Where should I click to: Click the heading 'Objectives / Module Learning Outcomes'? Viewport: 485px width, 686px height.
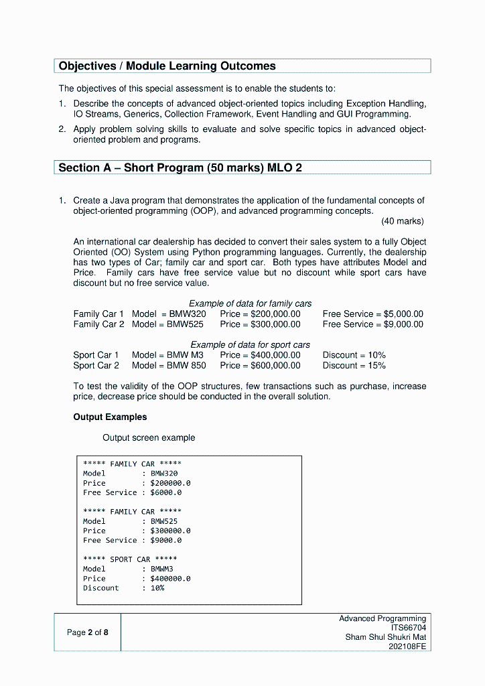[x=167, y=66]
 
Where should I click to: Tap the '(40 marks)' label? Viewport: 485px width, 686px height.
[x=402, y=221]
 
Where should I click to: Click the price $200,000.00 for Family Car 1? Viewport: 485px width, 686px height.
[x=260, y=314]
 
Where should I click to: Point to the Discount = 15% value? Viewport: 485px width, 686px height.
[x=354, y=366]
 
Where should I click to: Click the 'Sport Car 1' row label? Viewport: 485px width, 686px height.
[x=96, y=355]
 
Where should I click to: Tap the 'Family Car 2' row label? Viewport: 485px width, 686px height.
[x=98, y=324]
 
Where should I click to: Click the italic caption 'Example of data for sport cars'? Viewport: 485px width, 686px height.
[x=250, y=345]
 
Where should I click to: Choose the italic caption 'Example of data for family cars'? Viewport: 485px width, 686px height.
[x=250, y=303]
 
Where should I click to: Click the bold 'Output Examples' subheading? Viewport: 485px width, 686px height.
[x=110, y=417]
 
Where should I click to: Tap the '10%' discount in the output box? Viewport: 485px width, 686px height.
[x=157, y=588]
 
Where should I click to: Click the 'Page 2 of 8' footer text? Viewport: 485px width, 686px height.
[x=87, y=632]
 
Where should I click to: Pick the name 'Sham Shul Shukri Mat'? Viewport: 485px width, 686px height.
[x=385, y=637]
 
